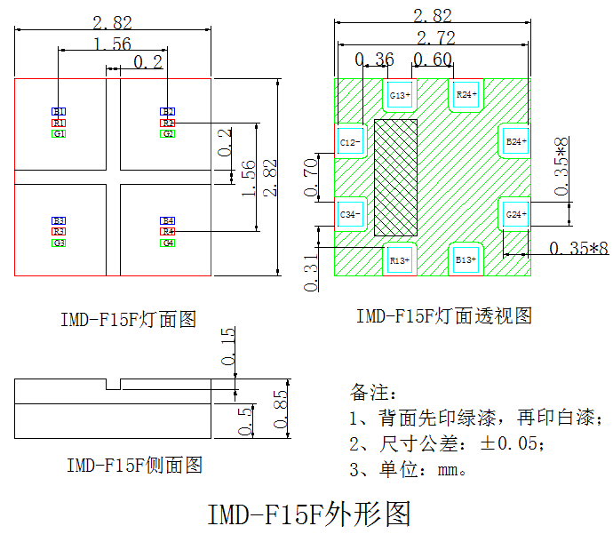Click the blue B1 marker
pos(59,111)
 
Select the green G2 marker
pos(168,133)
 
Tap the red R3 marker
pos(59,231)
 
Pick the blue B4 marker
pos(168,219)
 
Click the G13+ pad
pos(400,94)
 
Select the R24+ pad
pos(466,94)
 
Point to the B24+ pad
pos(516,141)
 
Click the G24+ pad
pos(516,214)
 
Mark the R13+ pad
pos(400,259)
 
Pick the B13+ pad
pos(466,259)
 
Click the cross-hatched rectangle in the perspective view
pos(396,177)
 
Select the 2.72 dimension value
pos(432,37)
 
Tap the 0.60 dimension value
pos(432,60)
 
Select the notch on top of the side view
pos(113,385)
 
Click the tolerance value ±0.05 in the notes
pos(510,443)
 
